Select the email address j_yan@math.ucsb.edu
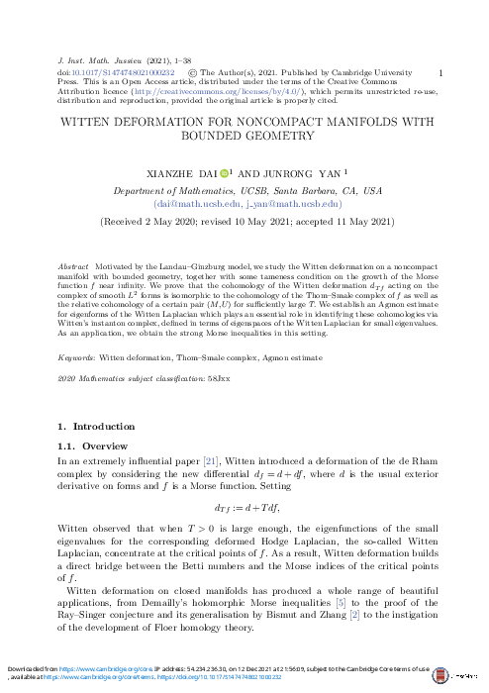(288, 203)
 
